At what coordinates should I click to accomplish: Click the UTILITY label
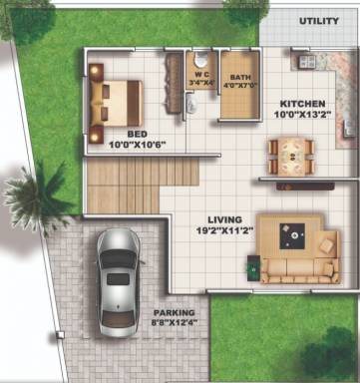[319, 20]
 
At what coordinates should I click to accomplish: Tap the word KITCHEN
[301, 104]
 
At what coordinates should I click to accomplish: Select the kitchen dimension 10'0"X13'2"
[301, 115]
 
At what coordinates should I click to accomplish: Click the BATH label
[240, 76]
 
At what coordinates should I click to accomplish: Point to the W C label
[201, 73]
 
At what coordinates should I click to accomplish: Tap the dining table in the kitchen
[290, 153]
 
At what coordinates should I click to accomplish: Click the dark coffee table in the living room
[295, 236]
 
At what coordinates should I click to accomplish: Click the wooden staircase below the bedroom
[121, 186]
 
